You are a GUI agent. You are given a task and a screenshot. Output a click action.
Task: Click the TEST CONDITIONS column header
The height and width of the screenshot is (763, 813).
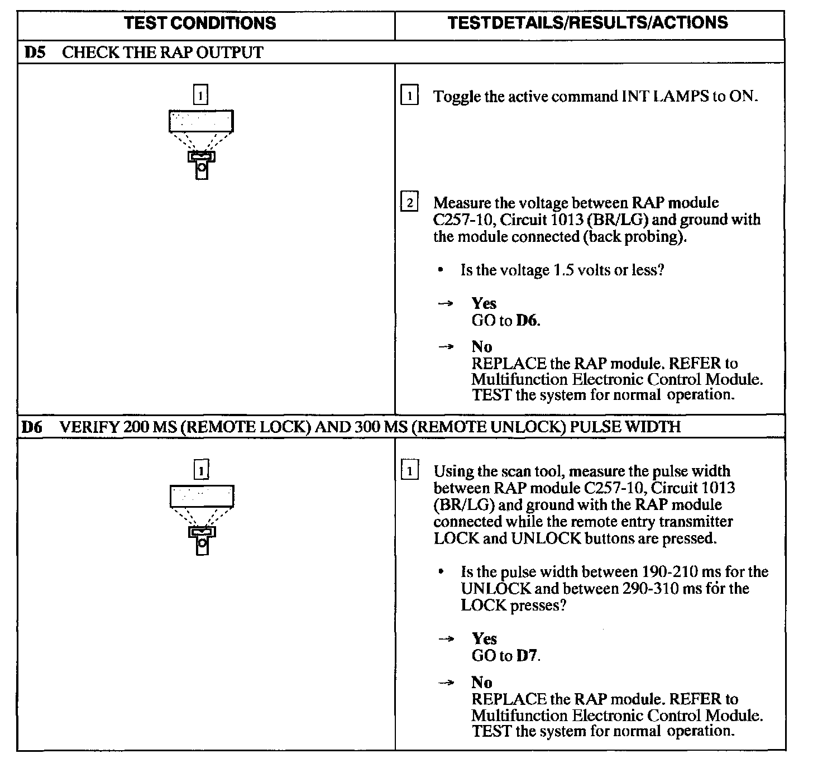[200, 23]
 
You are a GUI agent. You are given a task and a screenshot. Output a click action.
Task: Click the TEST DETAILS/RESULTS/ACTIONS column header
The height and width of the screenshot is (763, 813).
[588, 23]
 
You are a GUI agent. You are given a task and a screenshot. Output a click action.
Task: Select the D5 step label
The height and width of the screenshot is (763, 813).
[35, 53]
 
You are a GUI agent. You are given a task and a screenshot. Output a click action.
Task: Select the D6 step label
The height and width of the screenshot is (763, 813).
[33, 427]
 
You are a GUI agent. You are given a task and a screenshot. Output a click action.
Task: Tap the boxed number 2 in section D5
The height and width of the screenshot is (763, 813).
[410, 202]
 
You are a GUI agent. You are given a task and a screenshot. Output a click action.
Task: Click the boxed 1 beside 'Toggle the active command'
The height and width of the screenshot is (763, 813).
[410, 97]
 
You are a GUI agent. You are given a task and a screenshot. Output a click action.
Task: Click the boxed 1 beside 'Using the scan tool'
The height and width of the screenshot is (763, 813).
[410, 471]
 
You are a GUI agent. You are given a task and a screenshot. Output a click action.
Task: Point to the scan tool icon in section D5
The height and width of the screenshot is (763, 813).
[201, 144]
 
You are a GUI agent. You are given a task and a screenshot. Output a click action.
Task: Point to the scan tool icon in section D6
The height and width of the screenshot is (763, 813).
[202, 519]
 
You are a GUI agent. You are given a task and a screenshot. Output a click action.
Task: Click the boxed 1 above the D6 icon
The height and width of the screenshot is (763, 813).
[201, 469]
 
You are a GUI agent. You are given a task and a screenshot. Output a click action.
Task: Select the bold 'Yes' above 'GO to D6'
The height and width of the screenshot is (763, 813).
[484, 303]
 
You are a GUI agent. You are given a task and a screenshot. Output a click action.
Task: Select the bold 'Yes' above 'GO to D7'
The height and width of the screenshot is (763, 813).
[484, 638]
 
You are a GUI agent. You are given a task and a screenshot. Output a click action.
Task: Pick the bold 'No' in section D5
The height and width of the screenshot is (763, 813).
[481, 347]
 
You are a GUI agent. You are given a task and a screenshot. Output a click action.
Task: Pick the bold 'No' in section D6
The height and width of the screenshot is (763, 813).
[481, 683]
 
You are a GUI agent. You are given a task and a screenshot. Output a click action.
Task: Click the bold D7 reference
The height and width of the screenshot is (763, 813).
[527, 655]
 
